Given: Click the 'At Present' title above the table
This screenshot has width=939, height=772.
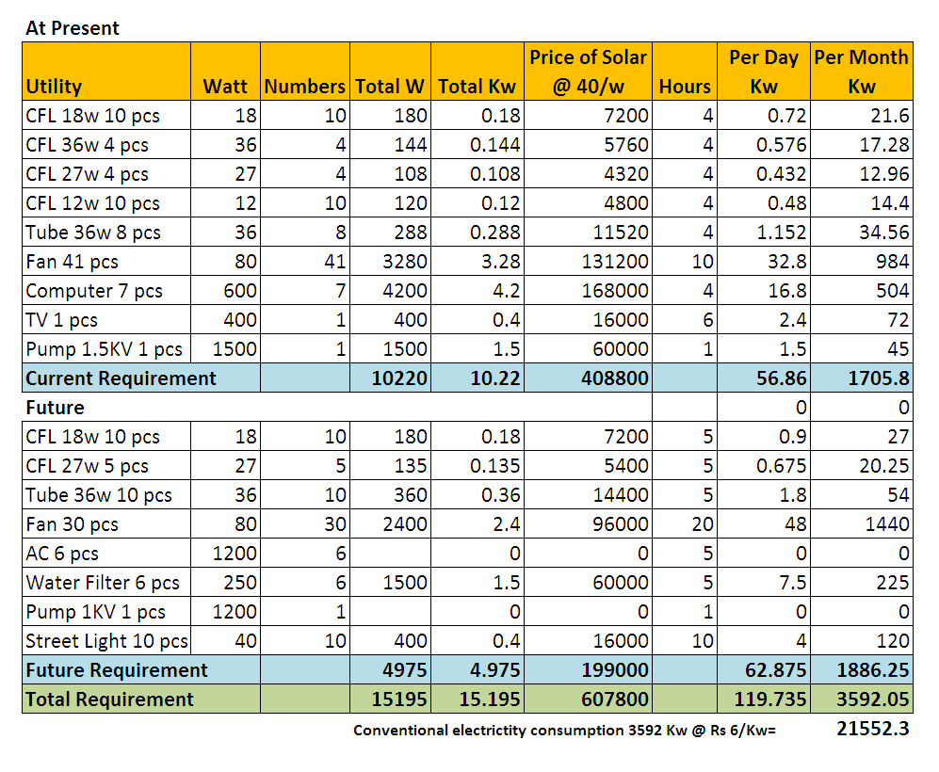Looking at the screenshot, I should click(73, 28).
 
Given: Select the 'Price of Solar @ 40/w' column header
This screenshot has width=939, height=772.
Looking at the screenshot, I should click(588, 72).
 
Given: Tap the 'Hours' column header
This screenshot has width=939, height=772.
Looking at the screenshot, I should click(685, 87).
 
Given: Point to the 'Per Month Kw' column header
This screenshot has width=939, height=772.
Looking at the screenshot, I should click(862, 72).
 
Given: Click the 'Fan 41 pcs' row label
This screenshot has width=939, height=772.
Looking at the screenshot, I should click(73, 262).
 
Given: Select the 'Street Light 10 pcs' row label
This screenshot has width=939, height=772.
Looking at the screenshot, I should click(106, 641).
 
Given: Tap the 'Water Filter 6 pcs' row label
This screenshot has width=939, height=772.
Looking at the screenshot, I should click(103, 583).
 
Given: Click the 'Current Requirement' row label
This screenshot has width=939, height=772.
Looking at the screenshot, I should click(121, 378).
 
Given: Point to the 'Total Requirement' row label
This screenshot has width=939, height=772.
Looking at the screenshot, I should click(109, 700).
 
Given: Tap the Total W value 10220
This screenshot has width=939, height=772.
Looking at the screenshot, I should click(400, 378).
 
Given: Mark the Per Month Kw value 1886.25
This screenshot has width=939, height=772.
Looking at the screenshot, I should click(872, 670).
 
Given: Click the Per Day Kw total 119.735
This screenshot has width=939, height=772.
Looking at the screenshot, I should click(773, 700).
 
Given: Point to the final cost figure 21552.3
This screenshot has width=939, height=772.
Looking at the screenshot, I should click(872, 729).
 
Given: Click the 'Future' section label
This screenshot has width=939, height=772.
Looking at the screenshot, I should click(55, 408).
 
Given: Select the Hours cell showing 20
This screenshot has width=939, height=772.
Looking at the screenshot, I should click(702, 524).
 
